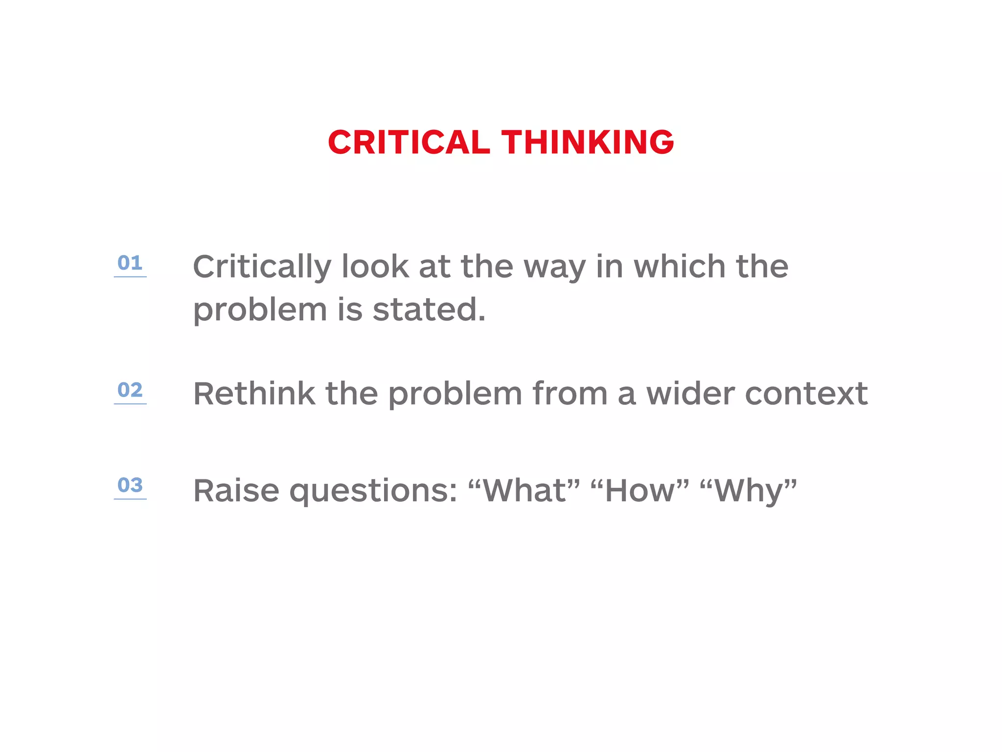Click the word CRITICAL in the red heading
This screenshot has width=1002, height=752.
pyautogui.click(x=409, y=142)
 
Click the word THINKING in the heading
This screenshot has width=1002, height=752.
pyautogui.click(x=588, y=142)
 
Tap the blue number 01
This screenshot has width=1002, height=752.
pyautogui.click(x=130, y=263)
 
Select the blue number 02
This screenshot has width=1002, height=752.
pyautogui.click(x=130, y=390)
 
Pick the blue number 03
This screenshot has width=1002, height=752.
pyautogui.click(x=130, y=485)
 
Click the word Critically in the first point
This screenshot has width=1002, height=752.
pyautogui.click(x=262, y=267)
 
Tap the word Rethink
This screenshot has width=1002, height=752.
pyautogui.click(x=254, y=394)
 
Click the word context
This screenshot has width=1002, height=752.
pyautogui.click(x=806, y=394)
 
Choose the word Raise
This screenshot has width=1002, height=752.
pyautogui.click(x=236, y=491)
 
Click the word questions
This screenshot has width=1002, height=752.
pyautogui.click(x=373, y=492)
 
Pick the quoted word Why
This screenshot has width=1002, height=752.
pyautogui.click(x=749, y=491)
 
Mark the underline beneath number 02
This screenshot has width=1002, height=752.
pyautogui.click(x=130, y=404)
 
